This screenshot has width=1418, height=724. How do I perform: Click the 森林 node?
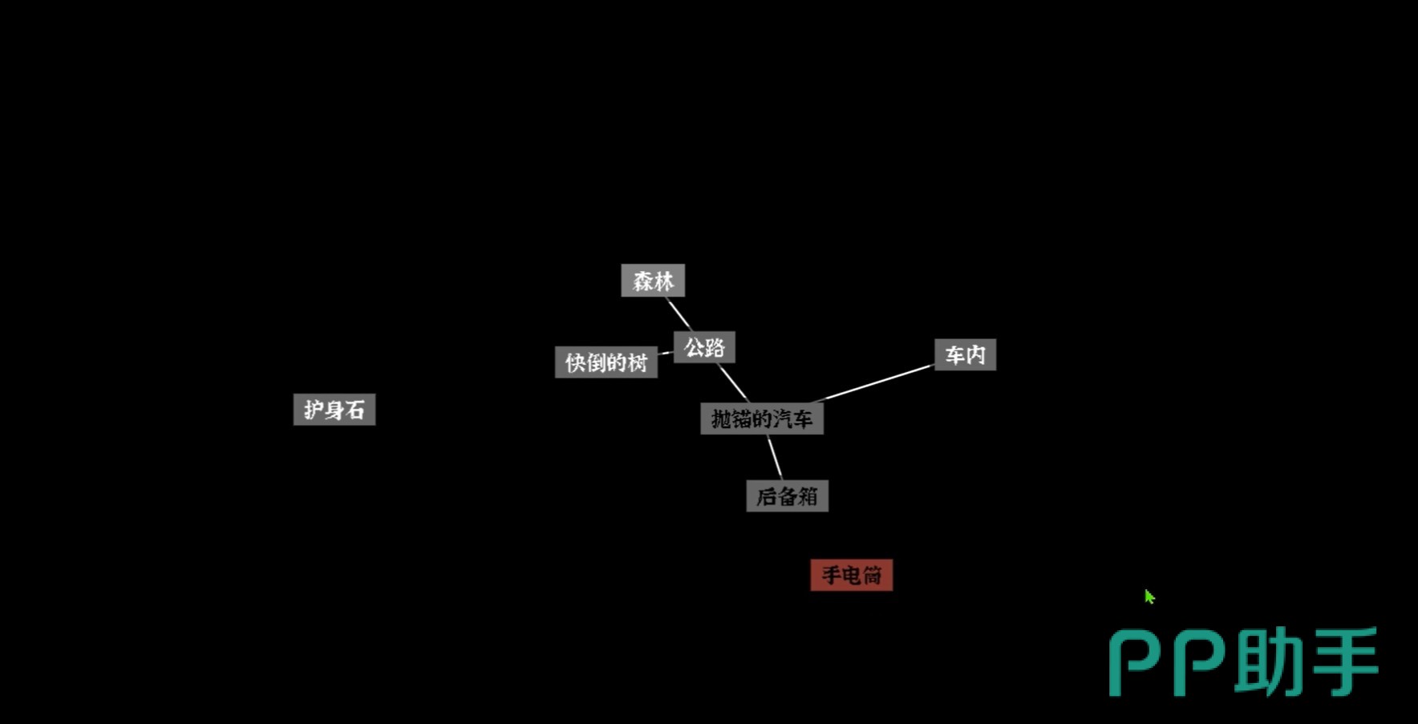point(653,281)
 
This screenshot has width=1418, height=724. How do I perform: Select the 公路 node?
point(704,347)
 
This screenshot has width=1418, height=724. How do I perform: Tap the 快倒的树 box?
point(606,362)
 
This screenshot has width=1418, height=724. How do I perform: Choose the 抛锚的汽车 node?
point(762,419)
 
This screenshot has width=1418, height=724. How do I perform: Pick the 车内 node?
point(965,354)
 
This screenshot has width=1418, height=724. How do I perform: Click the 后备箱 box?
point(787,496)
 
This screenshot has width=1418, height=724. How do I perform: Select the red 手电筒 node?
point(852,575)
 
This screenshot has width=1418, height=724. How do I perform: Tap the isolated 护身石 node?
point(334,410)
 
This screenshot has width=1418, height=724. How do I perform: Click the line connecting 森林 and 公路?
point(679,314)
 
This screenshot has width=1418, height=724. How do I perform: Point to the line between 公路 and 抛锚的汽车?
point(733,383)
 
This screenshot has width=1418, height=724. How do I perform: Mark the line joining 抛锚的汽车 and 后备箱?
point(775,458)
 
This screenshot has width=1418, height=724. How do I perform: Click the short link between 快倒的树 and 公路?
point(666,353)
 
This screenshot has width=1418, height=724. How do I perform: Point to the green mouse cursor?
point(1149,597)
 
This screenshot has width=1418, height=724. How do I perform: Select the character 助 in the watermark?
point(1269,662)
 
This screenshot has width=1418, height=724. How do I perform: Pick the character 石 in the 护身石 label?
point(356,411)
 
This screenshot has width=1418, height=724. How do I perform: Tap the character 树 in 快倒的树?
point(638,363)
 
